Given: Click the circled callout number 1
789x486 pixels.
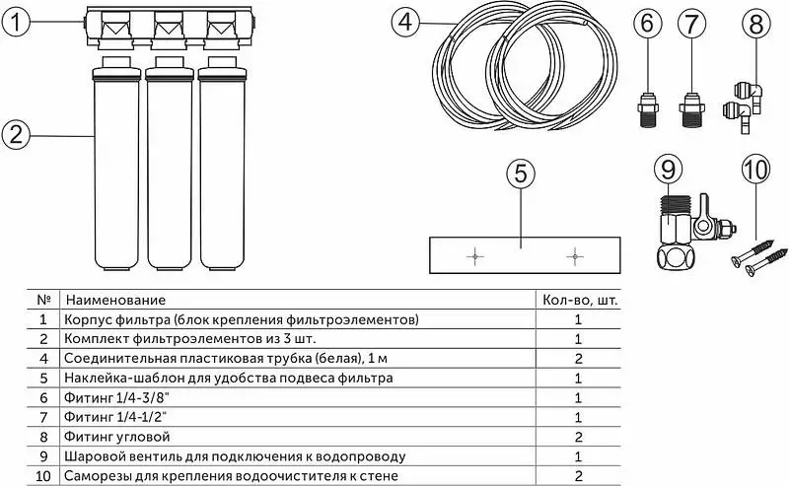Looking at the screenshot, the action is click(17, 22).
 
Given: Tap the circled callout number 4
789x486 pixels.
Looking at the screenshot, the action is click(405, 22).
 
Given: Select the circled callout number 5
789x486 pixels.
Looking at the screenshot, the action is click(521, 174).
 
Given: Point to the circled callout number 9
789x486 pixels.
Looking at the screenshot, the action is click(668, 169).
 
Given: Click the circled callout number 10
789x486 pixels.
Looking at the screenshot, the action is click(755, 170).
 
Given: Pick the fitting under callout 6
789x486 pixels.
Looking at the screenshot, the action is click(648, 109).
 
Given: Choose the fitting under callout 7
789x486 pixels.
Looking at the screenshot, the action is click(692, 109).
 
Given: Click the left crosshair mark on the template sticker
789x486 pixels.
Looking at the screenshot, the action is click(475, 256).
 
